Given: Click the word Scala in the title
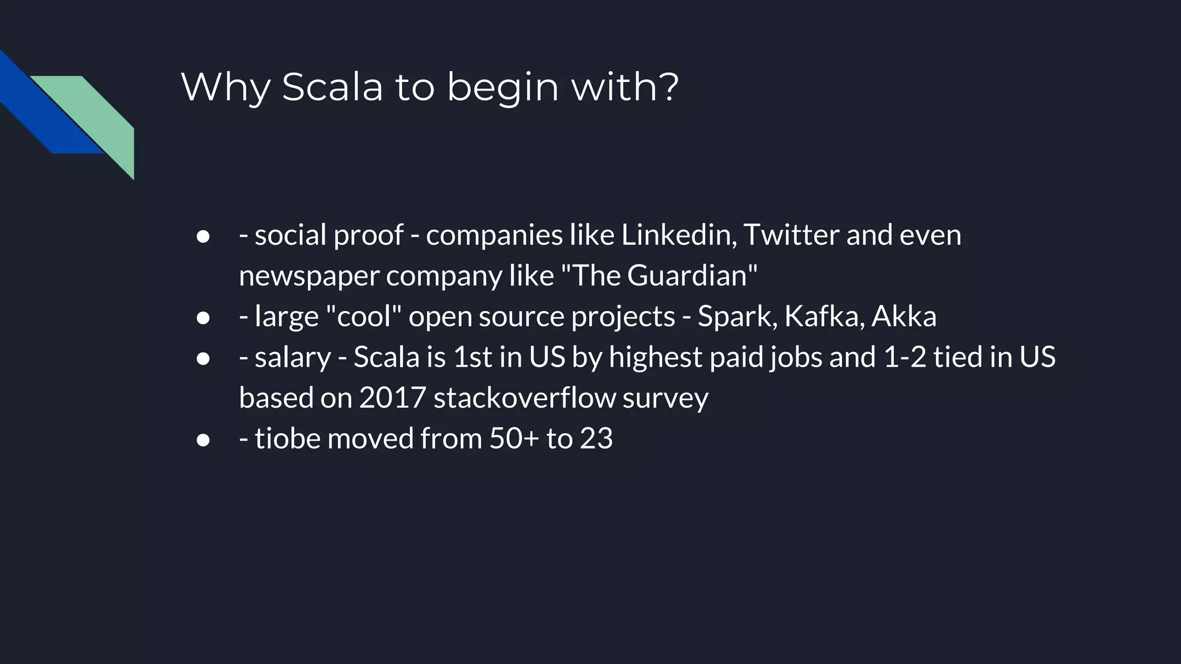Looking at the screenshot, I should click(332, 87).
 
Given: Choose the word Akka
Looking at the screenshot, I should click(904, 316).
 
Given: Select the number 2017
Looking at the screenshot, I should click(392, 398).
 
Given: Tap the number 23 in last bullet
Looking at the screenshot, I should click(596, 439).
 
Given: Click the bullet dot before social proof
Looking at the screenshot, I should click(202, 236).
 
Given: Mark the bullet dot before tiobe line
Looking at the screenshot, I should click(202, 440).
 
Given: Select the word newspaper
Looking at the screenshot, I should click(309, 276).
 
